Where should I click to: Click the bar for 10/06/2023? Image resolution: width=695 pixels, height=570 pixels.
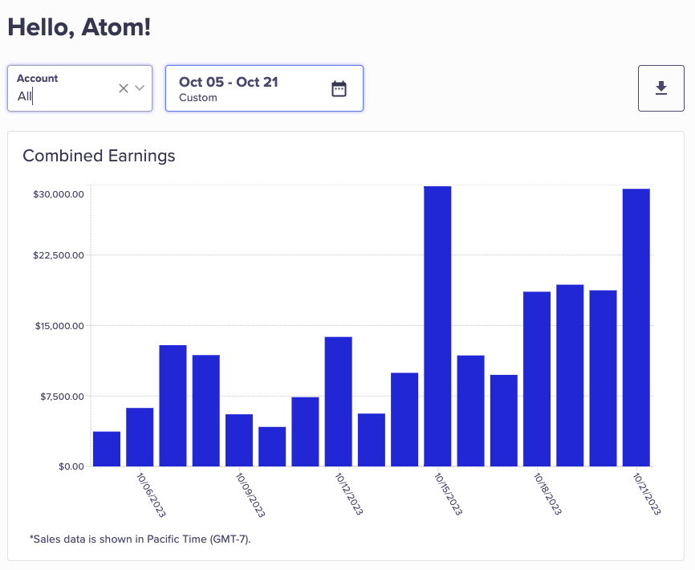(x=140, y=437)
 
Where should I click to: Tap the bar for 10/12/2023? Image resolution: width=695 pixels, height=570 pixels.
(x=338, y=401)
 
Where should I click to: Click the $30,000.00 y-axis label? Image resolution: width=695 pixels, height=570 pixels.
(x=59, y=193)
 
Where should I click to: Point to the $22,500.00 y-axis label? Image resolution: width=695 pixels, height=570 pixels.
(x=59, y=255)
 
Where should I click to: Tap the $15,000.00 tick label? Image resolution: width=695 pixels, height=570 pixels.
(x=59, y=326)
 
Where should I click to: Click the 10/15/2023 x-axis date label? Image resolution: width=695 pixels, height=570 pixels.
(x=448, y=494)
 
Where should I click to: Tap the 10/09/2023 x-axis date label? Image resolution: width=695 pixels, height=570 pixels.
(x=250, y=494)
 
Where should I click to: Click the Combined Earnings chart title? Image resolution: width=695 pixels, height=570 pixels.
(x=99, y=156)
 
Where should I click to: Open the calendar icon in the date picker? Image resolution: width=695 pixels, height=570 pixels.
(x=339, y=88)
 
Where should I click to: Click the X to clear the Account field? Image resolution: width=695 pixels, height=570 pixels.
(x=124, y=88)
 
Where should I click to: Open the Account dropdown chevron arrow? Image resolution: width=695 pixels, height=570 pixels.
(x=140, y=88)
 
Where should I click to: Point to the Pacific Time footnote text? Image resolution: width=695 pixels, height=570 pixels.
(x=140, y=539)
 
